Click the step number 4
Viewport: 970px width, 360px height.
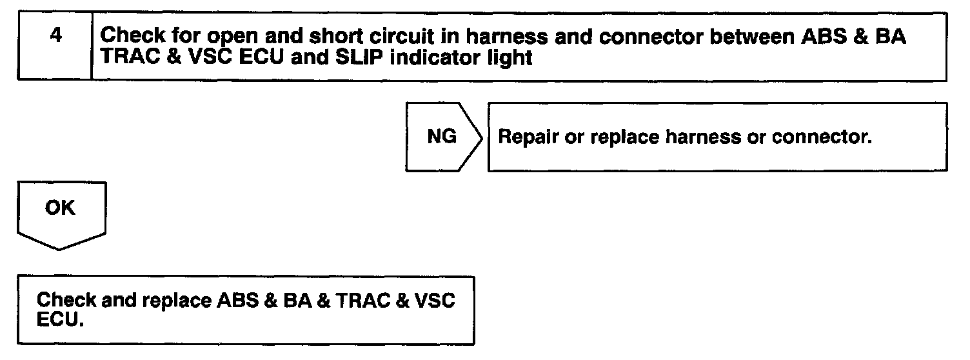coord(56,35)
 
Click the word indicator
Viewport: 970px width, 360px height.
coord(375,57)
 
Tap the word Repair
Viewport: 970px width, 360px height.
coord(522,137)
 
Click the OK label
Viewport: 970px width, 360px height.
coord(60,209)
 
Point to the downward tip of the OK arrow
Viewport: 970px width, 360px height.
coord(61,249)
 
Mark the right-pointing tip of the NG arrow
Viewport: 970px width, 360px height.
coord(482,137)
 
